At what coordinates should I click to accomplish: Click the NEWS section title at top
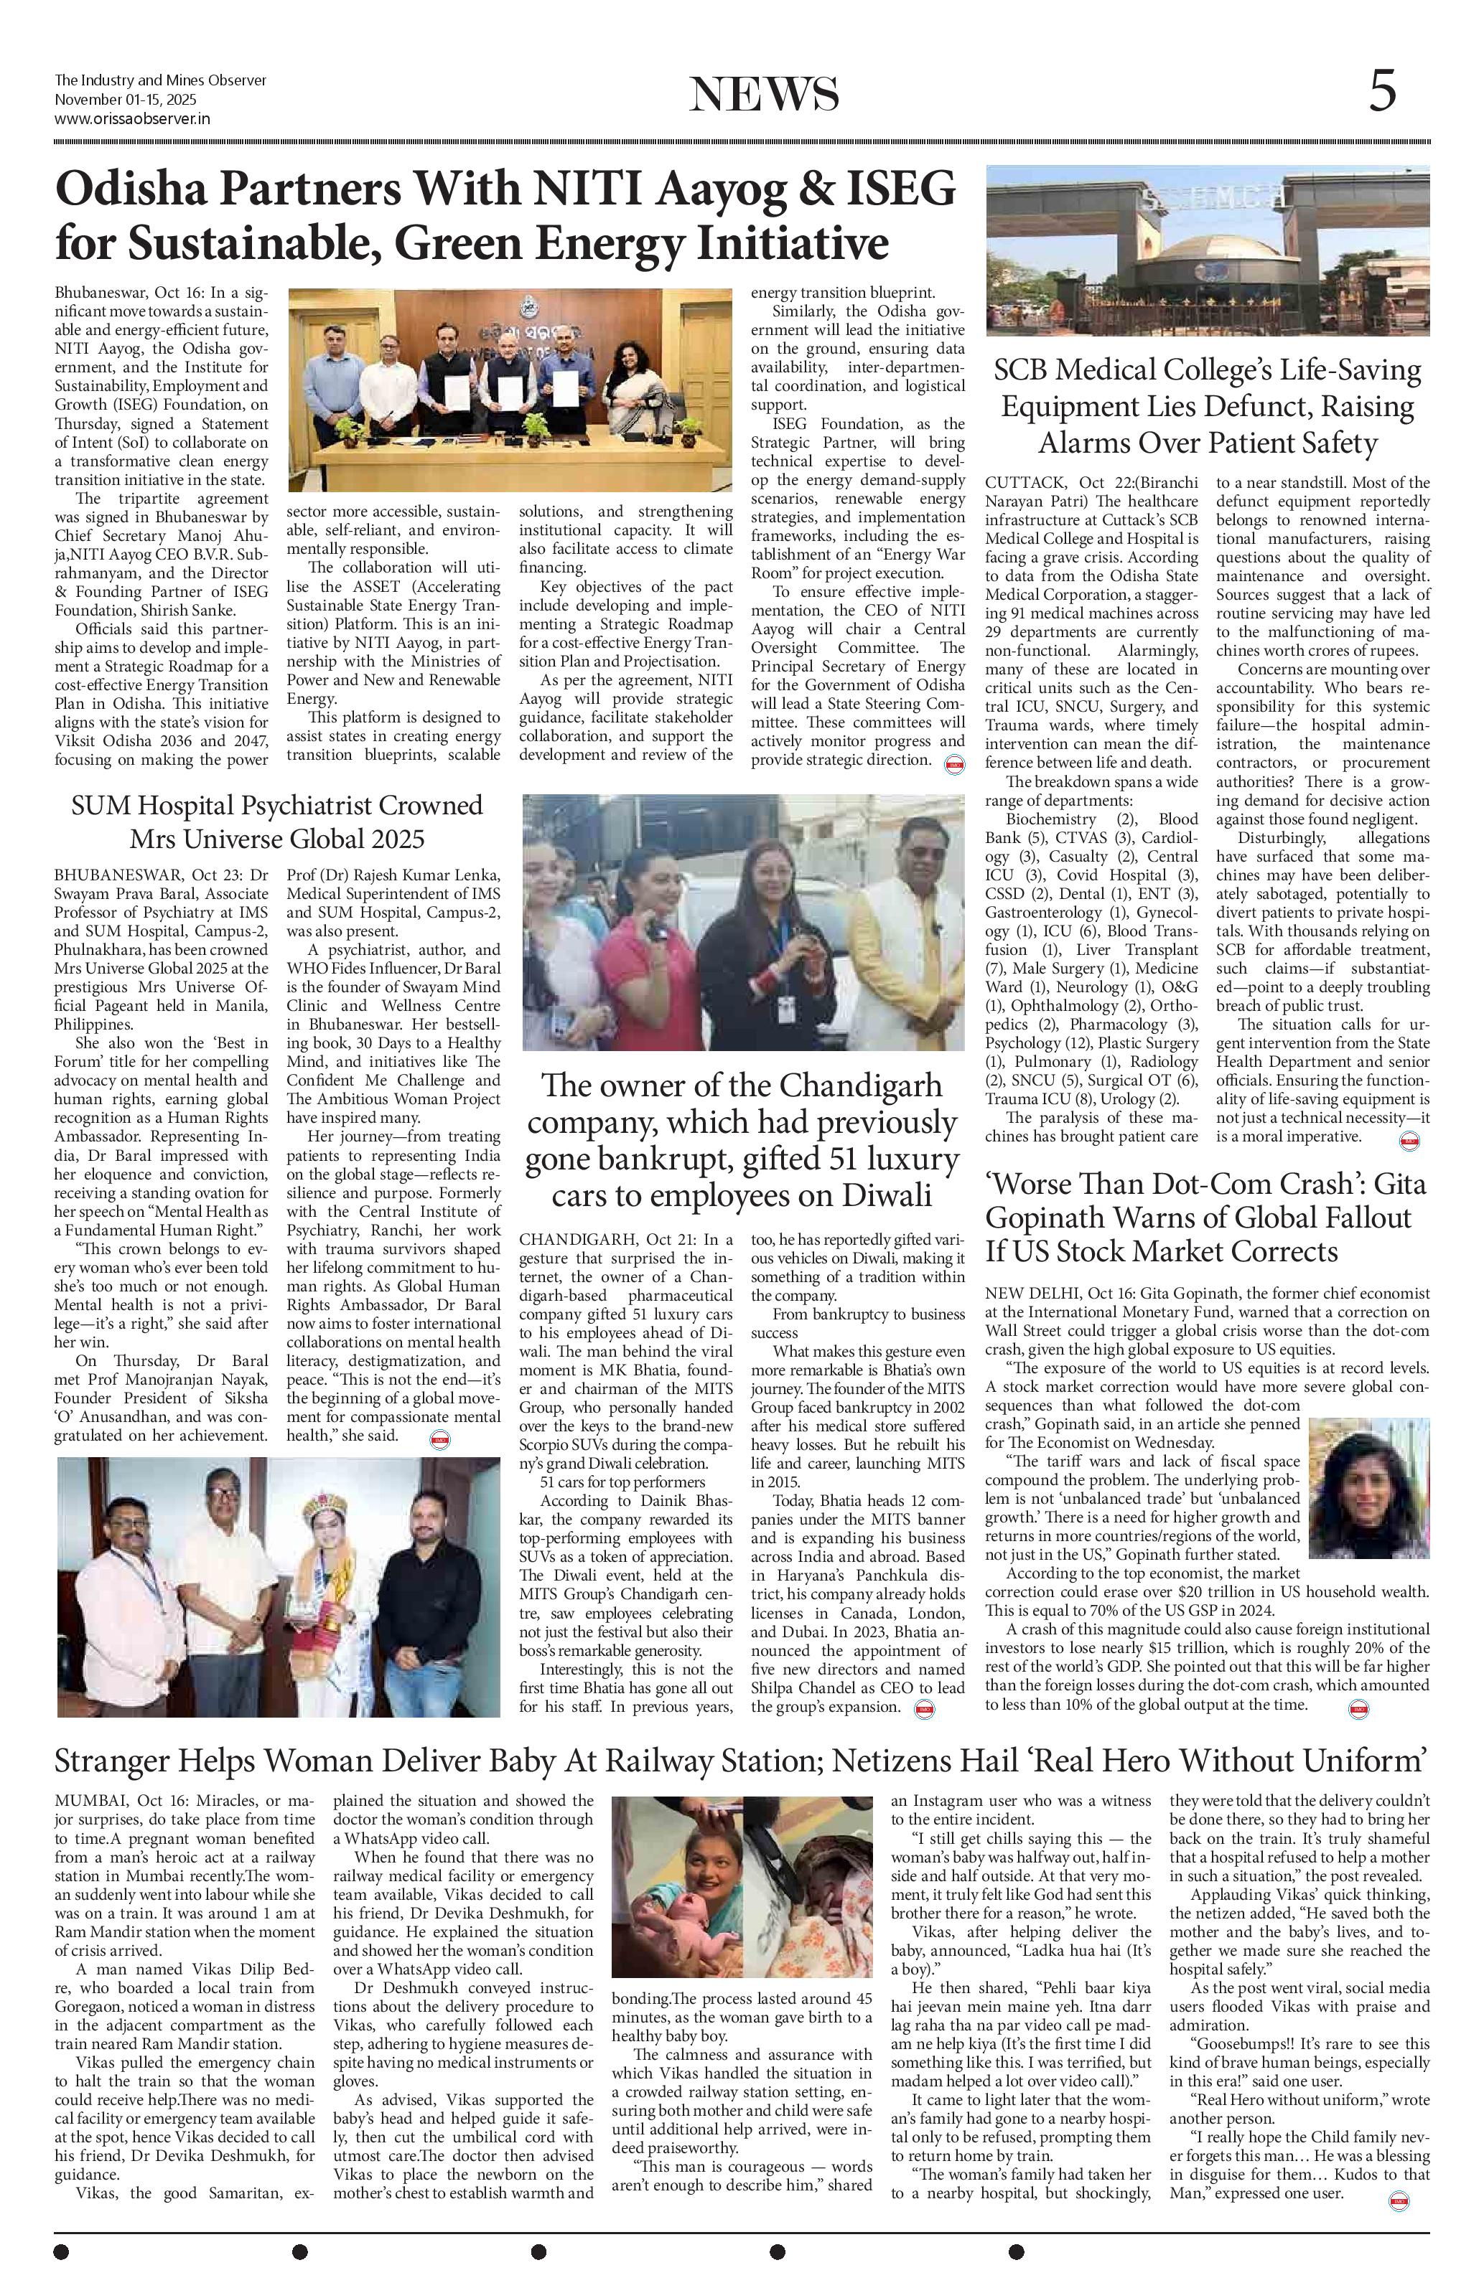point(764,95)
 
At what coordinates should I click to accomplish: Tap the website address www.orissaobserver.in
point(133,118)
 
